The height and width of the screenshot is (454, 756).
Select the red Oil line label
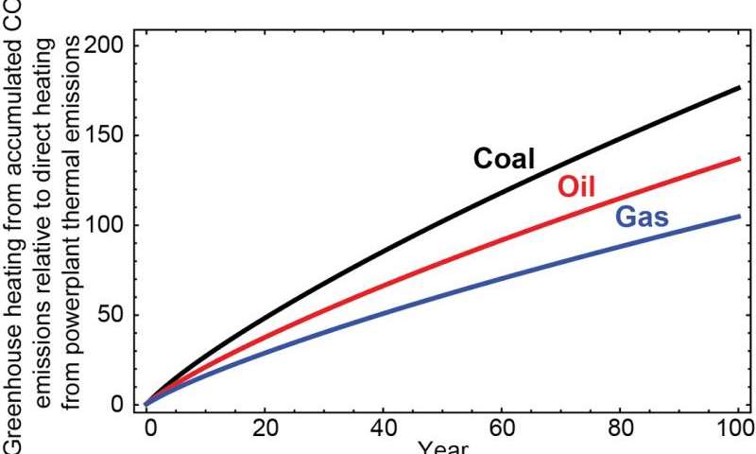(x=577, y=186)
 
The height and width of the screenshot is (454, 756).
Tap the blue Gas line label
(x=643, y=218)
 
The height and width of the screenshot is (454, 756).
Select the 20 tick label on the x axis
(x=266, y=428)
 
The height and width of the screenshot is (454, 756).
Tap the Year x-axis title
(x=442, y=447)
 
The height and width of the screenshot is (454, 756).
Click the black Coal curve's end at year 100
(x=739, y=88)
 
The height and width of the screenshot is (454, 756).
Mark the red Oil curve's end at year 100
(x=739, y=159)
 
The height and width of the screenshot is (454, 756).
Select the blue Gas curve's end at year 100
(x=739, y=217)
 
